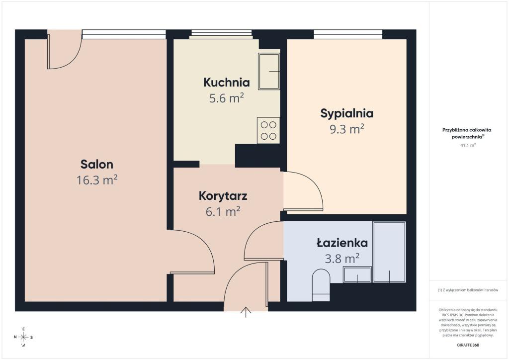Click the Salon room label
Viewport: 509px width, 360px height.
click(97, 164)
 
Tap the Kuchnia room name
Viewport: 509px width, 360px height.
click(227, 83)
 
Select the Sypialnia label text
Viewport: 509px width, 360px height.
click(346, 113)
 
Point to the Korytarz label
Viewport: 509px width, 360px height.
click(223, 196)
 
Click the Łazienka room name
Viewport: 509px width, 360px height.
click(342, 243)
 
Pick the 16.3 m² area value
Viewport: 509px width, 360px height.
click(97, 180)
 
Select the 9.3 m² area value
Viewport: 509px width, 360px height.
click(346, 129)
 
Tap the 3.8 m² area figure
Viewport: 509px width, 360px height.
click(342, 259)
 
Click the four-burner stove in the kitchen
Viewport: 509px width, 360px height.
click(268, 130)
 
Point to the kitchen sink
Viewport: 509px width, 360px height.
click(269, 72)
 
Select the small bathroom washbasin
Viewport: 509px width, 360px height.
click(357, 274)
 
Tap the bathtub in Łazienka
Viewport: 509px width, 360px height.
click(389, 252)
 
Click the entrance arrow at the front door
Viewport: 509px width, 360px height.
click(246, 312)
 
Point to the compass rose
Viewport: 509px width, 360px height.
click(23, 337)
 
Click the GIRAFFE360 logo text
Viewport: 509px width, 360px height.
click(468, 345)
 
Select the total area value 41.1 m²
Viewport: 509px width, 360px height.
click(468, 145)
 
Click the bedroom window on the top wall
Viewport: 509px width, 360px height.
click(348, 34)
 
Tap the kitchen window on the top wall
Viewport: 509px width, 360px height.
click(221, 34)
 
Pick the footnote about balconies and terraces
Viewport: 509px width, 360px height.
click(468, 290)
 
